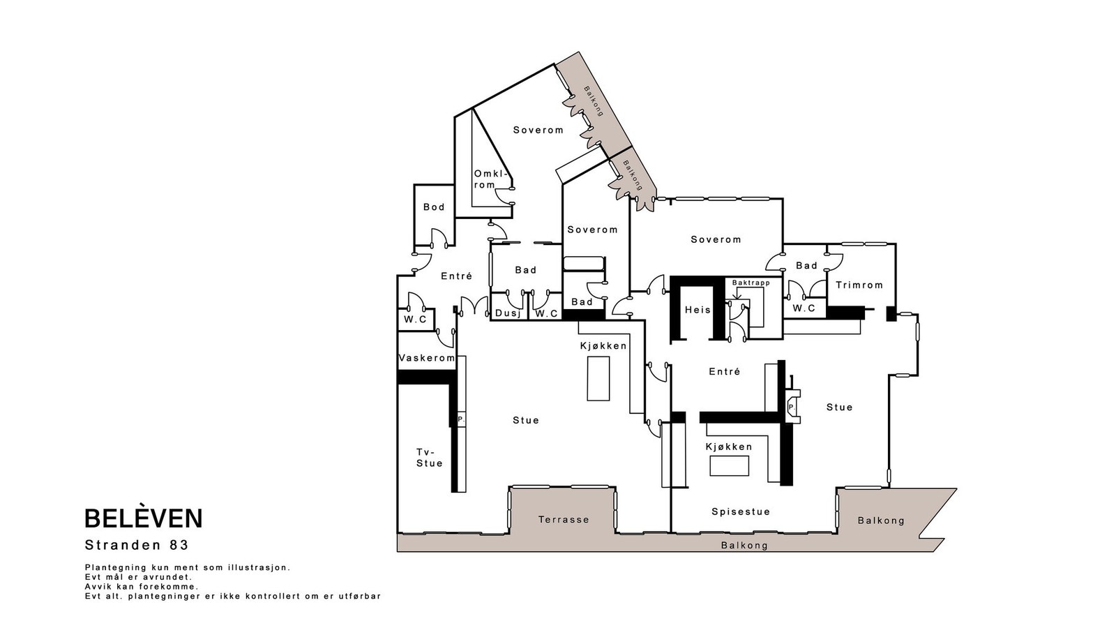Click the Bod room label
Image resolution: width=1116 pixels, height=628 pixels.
click(434, 207)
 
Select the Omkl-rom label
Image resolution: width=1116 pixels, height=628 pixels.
click(491, 179)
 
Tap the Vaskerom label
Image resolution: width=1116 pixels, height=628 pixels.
click(427, 358)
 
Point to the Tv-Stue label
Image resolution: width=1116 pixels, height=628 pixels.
click(429, 458)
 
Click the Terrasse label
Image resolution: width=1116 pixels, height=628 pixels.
click(564, 519)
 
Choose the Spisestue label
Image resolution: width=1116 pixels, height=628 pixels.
click(741, 511)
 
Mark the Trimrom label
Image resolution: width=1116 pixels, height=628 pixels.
click(859, 285)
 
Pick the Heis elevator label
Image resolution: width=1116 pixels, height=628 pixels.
click(697, 310)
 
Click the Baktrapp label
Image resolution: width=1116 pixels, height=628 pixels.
click(751, 283)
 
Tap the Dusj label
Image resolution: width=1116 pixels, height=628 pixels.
click(508, 313)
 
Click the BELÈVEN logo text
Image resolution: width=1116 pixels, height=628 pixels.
click(144, 518)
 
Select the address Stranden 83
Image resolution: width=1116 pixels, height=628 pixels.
click(137, 545)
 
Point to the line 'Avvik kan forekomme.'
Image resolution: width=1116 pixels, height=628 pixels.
click(142, 587)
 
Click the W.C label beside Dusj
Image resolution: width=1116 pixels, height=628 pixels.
click(547, 313)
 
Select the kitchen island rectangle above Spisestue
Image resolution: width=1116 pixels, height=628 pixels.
click(730, 466)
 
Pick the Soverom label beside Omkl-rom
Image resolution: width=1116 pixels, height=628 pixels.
click(538, 130)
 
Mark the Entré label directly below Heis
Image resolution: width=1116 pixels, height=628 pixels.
click(725, 371)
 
